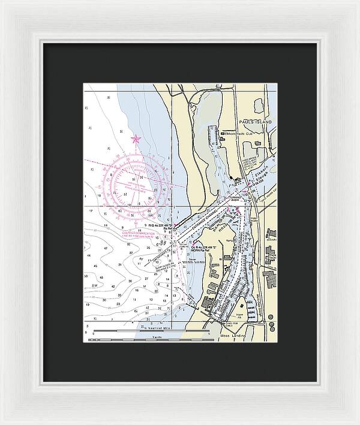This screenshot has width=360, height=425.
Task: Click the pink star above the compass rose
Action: pyautogui.click(x=136, y=139)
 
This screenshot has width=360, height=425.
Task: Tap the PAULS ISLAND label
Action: pyautogui.click(x=257, y=122)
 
